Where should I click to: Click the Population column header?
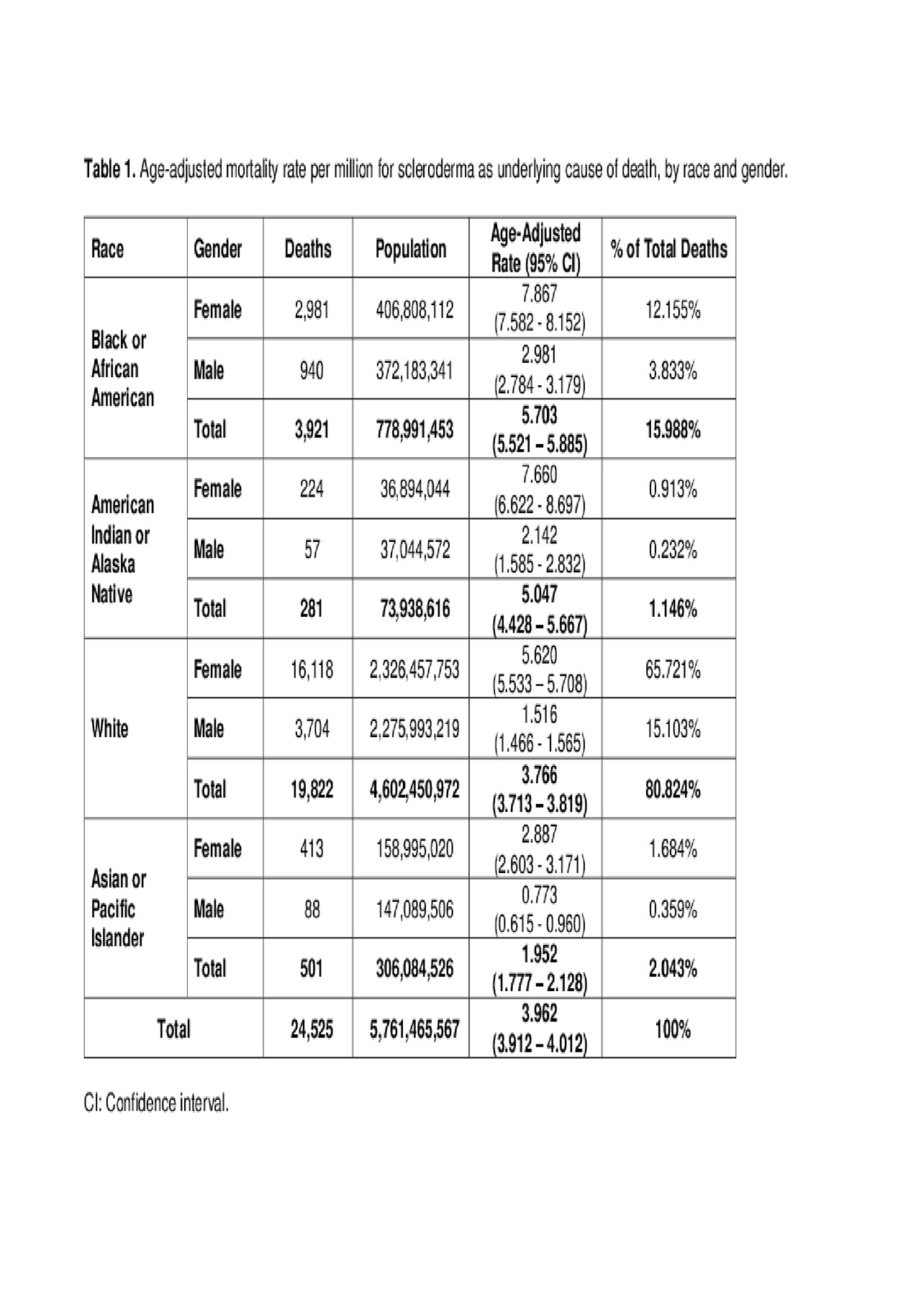tap(411, 249)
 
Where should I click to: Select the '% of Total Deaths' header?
tap(669, 249)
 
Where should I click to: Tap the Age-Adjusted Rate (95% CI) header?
tap(535, 248)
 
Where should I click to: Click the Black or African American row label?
tap(122, 369)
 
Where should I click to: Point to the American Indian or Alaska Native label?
tap(122, 549)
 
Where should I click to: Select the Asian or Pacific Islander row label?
tap(119, 908)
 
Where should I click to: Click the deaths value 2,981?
tap(312, 310)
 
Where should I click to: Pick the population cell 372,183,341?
tap(414, 371)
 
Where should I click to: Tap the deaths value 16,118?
tap(312, 670)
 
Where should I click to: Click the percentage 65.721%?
tap(673, 670)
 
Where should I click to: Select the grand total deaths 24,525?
tap(312, 1029)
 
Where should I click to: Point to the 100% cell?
tap(673, 1029)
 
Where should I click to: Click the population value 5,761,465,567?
tap(414, 1029)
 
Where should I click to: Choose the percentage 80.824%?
tap(673, 790)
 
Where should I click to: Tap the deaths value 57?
tap(312, 550)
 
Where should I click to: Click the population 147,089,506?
tap(414, 909)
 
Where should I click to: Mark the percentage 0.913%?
tap(673, 489)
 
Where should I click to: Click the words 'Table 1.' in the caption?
tap(109, 170)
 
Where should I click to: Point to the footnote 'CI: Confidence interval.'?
tap(156, 1103)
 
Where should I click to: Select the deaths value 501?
tap(312, 969)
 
